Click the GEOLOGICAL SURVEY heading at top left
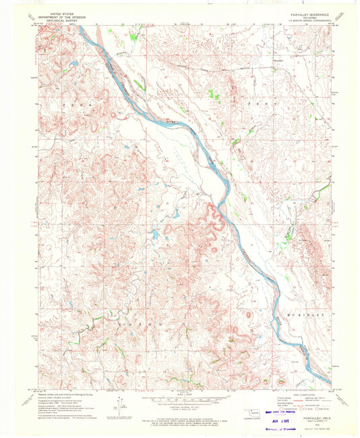(x=59, y=18)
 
